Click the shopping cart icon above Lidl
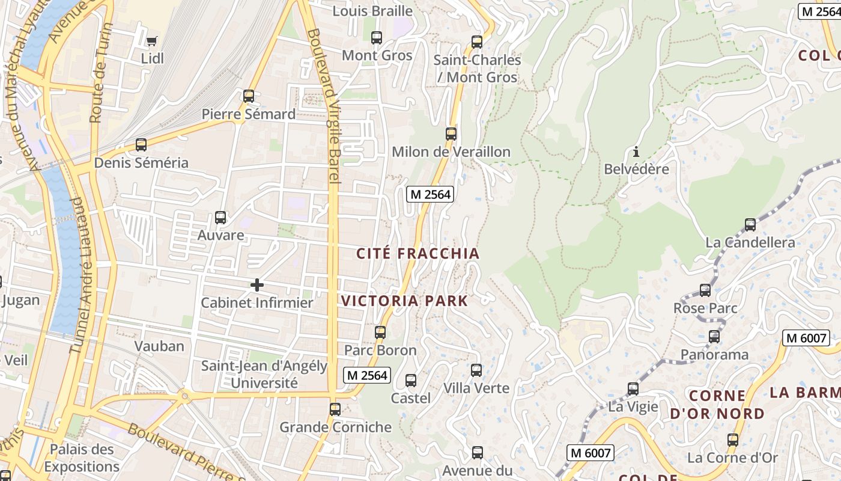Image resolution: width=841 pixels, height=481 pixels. click(x=151, y=41)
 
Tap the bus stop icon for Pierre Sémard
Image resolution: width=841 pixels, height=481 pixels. click(x=248, y=96)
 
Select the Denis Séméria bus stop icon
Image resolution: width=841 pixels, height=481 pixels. click(x=141, y=145)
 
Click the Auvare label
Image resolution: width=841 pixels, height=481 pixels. click(x=221, y=234)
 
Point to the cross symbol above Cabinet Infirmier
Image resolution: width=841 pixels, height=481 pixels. click(x=257, y=284)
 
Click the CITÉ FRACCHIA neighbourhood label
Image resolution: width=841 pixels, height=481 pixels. click(x=418, y=254)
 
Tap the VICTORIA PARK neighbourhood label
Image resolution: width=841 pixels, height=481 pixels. click(x=404, y=301)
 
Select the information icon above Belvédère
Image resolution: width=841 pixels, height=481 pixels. click(x=636, y=152)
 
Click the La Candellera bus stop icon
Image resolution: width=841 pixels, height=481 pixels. click(x=750, y=225)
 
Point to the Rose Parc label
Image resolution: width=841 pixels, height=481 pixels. click(x=705, y=308)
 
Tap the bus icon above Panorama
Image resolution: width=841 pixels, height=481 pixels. click(x=714, y=337)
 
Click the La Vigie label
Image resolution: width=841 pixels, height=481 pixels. click(x=633, y=406)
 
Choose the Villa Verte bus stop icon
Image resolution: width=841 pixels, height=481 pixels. click(x=476, y=370)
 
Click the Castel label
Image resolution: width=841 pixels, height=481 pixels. click(x=411, y=398)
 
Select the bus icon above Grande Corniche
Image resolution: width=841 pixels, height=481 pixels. click(x=335, y=409)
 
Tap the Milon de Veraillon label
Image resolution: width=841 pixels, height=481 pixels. click(x=451, y=152)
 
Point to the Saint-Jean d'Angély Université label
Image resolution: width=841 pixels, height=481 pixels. click(x=264, y=374)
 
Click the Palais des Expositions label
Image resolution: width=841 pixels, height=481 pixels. click(x=81, y=458)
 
